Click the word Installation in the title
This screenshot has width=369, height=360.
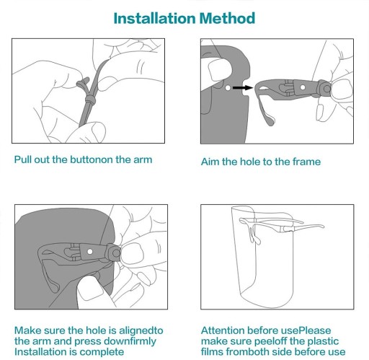[x=154, y=18]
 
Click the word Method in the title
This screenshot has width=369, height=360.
[x=227, y=18]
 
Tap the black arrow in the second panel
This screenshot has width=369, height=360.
[x=243, y=88]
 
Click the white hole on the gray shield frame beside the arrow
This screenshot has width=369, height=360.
[x=228, y=88]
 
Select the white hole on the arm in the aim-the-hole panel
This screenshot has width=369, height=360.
[x=303, y=87]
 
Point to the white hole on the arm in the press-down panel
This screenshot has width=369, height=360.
[x=90, y=252]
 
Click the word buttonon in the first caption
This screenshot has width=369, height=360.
[x=92, y=159]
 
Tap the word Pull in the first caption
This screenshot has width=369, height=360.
[x=23, y=159]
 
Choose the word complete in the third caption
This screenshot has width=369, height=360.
[x=102, y=352]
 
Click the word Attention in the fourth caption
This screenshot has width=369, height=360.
[x=223, y=330]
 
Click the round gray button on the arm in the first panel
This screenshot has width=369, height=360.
[x=91, y=99]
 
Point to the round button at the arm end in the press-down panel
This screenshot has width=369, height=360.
[x=115, y=253]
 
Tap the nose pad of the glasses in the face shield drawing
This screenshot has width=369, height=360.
[x=254, y=237]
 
